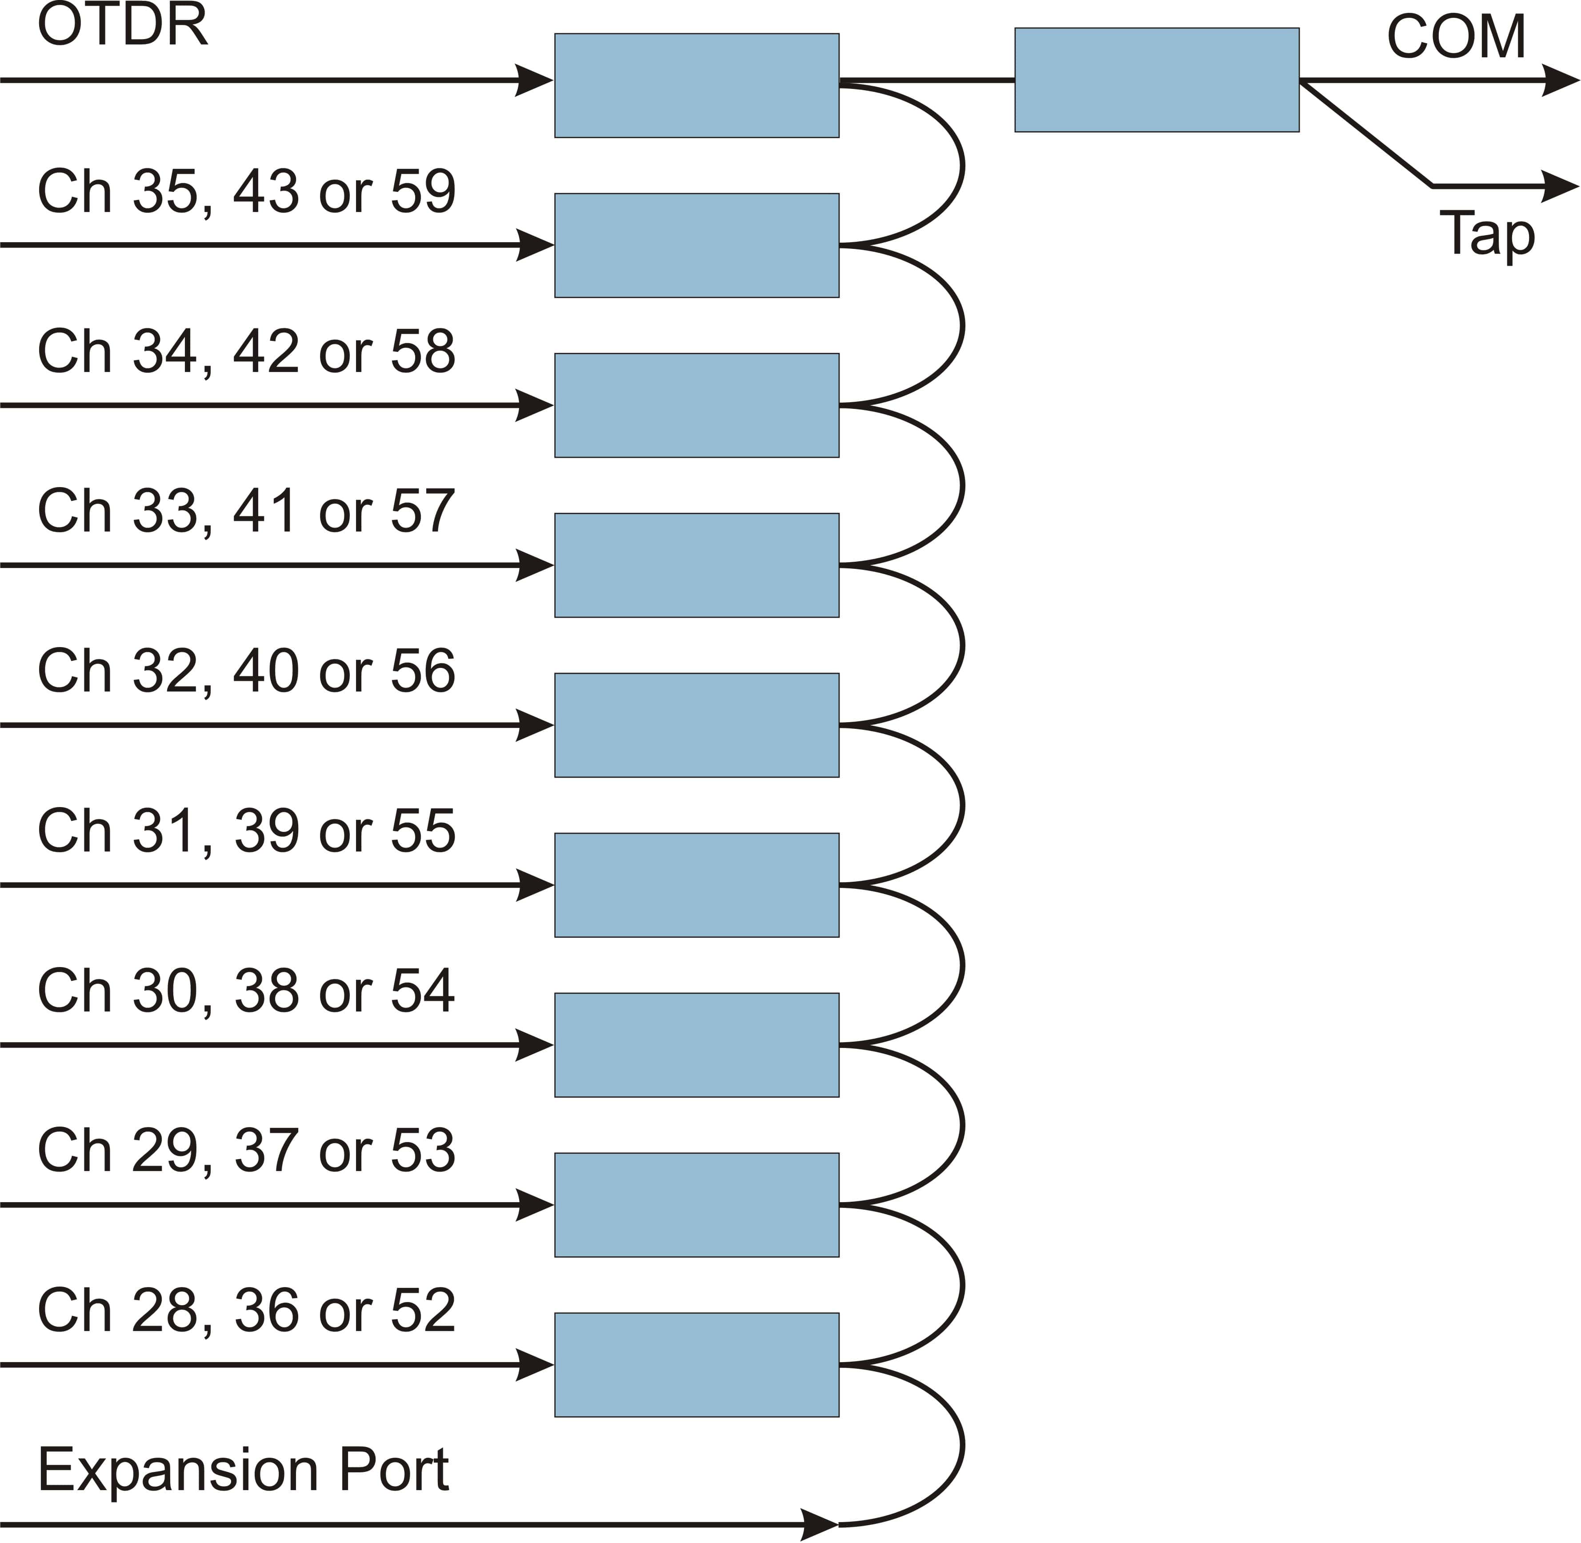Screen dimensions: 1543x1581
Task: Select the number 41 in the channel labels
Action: (265, 512)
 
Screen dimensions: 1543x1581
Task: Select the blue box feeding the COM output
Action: (1157, 80)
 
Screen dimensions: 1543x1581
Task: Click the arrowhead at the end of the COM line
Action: (1560, 80)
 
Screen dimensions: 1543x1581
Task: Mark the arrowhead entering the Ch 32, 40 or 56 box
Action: (535, 725)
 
